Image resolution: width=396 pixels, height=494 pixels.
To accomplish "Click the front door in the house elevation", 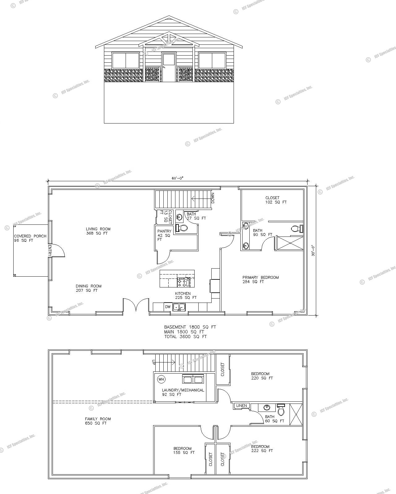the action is click(169, 67).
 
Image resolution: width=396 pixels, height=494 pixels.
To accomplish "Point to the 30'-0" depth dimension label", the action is click(313, 251).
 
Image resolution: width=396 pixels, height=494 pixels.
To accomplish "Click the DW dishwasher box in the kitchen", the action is click(168, 307).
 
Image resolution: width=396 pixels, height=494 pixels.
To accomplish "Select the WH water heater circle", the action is click(161, 379).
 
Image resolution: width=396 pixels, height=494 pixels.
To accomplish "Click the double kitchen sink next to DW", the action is click(179, 307).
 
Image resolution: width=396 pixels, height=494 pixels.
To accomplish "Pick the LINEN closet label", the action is click(241, 406).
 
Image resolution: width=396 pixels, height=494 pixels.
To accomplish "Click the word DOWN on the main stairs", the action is click(213, 198).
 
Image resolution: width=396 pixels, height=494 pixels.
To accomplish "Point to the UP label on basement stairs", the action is click(153, 362).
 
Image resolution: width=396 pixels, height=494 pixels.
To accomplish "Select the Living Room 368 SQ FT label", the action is click(98, 231).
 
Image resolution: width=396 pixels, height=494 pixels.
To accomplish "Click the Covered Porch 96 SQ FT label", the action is click(30, 238).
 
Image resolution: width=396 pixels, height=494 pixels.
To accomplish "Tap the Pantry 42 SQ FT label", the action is click(164, 235).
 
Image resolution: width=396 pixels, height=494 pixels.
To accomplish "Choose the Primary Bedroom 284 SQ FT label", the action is click(260, 279).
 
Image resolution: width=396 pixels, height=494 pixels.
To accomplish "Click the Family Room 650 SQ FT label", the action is click(98, 421).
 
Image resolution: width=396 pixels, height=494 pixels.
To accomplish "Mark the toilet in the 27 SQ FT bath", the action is click(182, 228).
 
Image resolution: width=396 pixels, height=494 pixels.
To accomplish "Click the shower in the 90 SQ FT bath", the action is click(290, 243).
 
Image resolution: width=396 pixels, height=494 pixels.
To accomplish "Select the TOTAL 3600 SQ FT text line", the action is click(185, 337).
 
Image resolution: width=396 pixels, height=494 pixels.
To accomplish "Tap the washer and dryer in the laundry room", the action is click(193, 379).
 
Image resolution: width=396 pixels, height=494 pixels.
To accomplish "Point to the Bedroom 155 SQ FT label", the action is click(184, 450).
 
